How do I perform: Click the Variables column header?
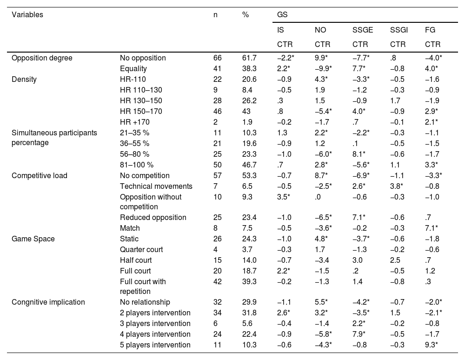point(27,14)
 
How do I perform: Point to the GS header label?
point(282,14)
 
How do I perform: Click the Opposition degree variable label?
point(42,58)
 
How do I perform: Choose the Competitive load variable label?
point(40,176)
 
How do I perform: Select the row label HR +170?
point(135,122)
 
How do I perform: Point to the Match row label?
point(130,228)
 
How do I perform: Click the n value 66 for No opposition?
point(217,58)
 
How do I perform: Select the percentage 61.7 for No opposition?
point(249,58)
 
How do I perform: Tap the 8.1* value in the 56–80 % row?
point(361,154)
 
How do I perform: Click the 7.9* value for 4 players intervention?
point(361,334)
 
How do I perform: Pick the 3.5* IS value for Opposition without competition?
point(283,197)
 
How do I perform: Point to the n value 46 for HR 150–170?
point(217,111)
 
